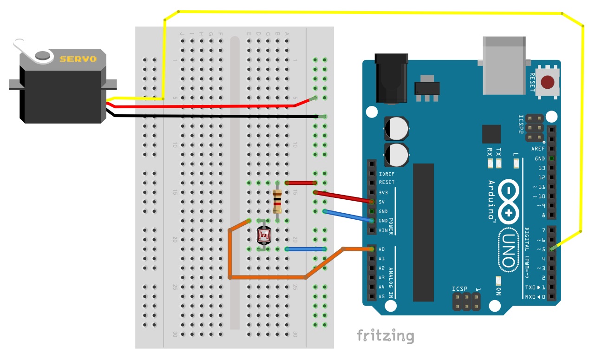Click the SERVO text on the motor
78,59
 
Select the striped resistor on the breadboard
277,201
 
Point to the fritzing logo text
385,335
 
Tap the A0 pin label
382,249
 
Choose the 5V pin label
382,202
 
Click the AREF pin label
538,149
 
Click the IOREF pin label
386,174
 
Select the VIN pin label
383,230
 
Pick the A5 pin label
382,296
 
